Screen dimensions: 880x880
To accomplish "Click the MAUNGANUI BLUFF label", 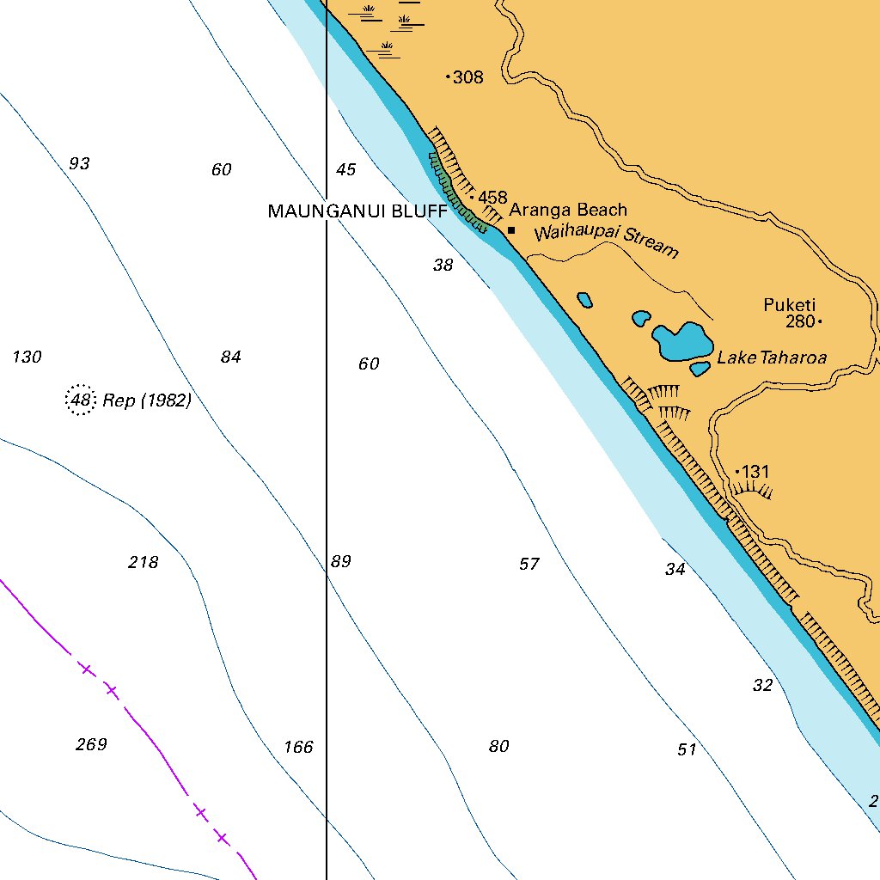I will point(357,211).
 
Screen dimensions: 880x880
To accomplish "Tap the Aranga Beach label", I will point(568,210).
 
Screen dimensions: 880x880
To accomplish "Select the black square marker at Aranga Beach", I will point(511,230).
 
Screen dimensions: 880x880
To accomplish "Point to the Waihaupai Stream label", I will point(606,241).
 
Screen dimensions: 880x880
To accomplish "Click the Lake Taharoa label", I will point(772,357).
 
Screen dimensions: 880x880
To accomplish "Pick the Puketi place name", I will point(789,304).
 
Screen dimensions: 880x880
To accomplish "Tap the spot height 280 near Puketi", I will point(799,322).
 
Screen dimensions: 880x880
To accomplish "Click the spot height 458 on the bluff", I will point(492,198).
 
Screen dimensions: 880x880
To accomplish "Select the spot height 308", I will point(467,77).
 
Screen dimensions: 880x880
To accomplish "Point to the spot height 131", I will point(755,472).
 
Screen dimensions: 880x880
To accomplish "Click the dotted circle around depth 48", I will point(81,400).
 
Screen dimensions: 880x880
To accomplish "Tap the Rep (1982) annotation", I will point(147,400).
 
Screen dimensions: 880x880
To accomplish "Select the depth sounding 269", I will point(91,744).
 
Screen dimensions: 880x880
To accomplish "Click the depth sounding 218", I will point(143,563).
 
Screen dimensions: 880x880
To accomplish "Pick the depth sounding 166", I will point(298,747).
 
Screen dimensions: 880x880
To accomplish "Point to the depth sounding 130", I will point(27,357).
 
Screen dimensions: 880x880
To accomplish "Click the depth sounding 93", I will point(79,163).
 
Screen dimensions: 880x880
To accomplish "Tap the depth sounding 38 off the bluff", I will point(443,266).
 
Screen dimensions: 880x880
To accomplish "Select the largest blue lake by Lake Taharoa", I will point(681,341).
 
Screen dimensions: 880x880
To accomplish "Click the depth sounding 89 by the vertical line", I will point(341,562).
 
